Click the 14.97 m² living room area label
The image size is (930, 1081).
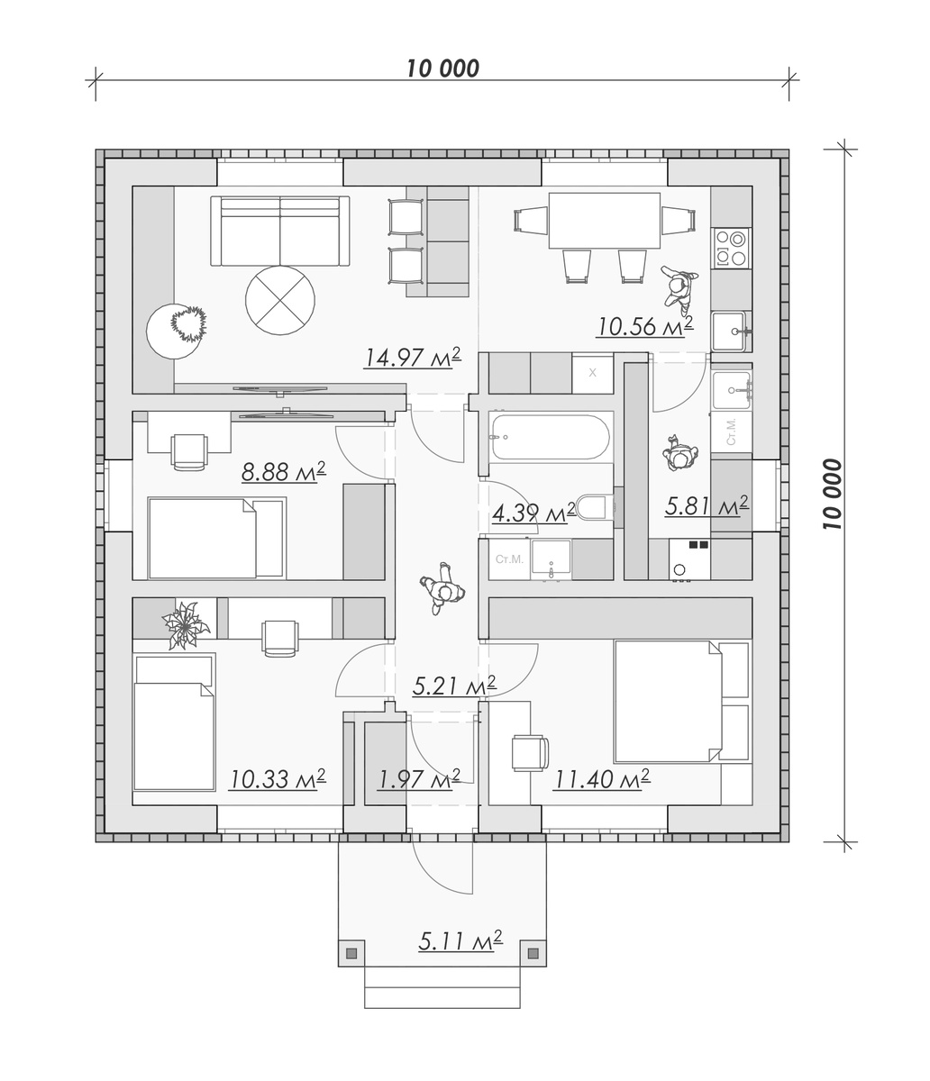413,358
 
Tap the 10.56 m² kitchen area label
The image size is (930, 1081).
644,326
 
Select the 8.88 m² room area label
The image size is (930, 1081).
284,472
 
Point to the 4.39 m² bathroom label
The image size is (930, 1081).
534,513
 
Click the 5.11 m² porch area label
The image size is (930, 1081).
460,941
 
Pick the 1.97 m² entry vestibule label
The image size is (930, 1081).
418,779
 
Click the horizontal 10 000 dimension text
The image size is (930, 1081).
443,68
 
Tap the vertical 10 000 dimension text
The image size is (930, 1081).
833,495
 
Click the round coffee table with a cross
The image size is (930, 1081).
280,300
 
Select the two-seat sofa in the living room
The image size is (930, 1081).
280,232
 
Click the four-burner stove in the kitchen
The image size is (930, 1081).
731,248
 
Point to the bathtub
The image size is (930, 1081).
551,438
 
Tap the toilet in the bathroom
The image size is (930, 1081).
599,507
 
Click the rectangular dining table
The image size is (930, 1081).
604,220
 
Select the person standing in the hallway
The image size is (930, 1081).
442,588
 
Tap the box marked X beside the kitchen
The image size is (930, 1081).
593,373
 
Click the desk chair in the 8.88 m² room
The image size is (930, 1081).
189,452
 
